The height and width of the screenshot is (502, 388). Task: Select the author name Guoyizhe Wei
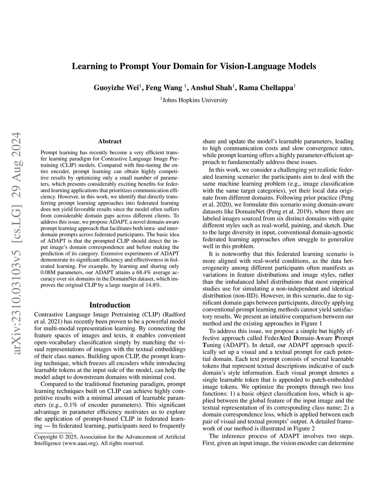pyautogui.click(x=116, y=88)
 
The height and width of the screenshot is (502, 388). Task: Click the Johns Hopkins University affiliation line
pyautogui.click(x=195, y=100)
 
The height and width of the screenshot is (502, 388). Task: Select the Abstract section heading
pyautogui.click(x=110, y=141)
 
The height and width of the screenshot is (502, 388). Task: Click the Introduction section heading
pyautogui.click(x=110, y=305)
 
